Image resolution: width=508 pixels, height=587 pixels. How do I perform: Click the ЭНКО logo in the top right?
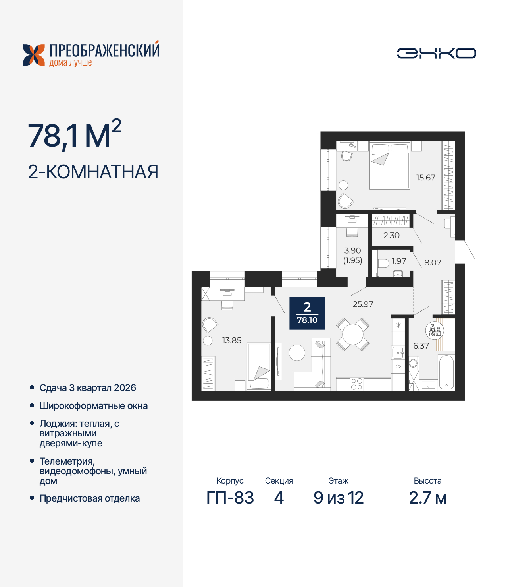pos(436,53)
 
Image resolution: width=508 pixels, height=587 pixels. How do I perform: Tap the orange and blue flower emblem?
pos(34,55)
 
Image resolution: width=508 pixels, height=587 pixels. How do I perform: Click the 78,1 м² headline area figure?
pos(74,136)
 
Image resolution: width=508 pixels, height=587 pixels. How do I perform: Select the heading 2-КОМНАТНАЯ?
pos(93,172)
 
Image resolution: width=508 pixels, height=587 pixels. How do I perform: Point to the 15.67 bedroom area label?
pos(425,178)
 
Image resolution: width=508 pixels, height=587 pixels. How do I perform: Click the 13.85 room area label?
pos(231,340)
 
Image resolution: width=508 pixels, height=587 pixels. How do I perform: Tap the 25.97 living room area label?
pos(363,304)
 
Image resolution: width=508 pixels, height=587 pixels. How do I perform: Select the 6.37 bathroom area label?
pos(421,346)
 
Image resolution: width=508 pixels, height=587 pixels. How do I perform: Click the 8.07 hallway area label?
pos(433,262)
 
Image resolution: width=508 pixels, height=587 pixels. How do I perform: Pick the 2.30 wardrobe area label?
pos(391,235)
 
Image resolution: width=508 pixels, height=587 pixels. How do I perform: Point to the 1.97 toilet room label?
pos(398,261)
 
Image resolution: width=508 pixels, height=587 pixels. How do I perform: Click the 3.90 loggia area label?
pos(352,250)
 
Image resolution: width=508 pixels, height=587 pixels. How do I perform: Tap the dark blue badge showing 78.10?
pos(307,313)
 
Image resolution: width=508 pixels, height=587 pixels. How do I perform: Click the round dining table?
pos(353,334)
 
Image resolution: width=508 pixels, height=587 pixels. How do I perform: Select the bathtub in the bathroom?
pos(446,372)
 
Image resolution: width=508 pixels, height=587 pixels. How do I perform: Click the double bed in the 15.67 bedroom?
pos(389,166)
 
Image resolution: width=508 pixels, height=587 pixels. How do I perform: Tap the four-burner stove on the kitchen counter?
pos(356,384)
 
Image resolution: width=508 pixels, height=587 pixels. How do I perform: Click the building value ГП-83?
pos(230,498)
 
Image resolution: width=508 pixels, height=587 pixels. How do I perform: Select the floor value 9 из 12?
pos(338,498)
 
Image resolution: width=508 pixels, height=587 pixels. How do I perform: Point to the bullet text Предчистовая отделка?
pos(89,498)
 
